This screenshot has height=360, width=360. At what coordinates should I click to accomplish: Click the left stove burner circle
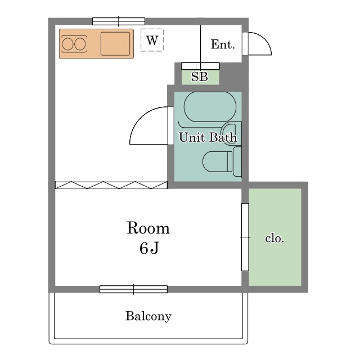pos(67,44)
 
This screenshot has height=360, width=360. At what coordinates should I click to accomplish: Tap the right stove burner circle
pos(80,44)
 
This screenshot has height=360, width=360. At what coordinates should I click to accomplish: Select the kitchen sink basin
pos(115,44)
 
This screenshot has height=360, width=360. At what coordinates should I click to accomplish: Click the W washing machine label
pos(152,40)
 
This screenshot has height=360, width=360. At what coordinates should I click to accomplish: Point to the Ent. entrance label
pos(223,44)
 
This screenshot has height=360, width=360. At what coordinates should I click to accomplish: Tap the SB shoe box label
pos(200,76)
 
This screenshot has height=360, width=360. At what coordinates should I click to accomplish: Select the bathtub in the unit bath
pos(210,107)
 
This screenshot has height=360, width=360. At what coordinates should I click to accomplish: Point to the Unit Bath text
pos(208,137)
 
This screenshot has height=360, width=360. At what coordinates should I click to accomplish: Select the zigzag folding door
pos(111,185)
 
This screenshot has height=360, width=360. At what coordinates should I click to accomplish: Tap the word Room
pos(148,228)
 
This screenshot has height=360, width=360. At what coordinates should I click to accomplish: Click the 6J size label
pos(149,248)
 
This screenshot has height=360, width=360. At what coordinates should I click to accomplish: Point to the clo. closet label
pos(274,238)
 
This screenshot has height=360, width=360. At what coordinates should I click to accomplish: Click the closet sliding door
pos(245,237)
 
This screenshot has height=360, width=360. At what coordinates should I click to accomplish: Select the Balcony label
pos(148,316)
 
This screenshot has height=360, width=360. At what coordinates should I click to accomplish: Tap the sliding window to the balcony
pos(133,289)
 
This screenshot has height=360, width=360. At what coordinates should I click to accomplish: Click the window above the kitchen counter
pos(119,21)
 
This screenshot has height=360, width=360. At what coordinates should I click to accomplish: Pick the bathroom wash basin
pos(230,134)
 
